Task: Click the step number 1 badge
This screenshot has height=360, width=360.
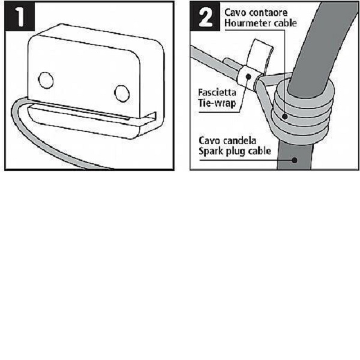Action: (20, 17)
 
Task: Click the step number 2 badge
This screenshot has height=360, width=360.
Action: (205, 17)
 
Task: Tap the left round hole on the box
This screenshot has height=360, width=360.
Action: (46, 80)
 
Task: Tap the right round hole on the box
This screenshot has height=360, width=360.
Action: (122, 94)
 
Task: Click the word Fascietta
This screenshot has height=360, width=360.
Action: (217, 92)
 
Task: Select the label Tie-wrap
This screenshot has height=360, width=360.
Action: (217, 103)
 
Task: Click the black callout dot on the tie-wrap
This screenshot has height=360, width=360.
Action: (248, 76)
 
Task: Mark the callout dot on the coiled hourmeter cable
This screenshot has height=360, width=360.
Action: (285, 116)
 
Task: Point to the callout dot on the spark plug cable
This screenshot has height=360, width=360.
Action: (295, 160)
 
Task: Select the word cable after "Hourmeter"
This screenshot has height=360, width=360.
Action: (285, 23)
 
